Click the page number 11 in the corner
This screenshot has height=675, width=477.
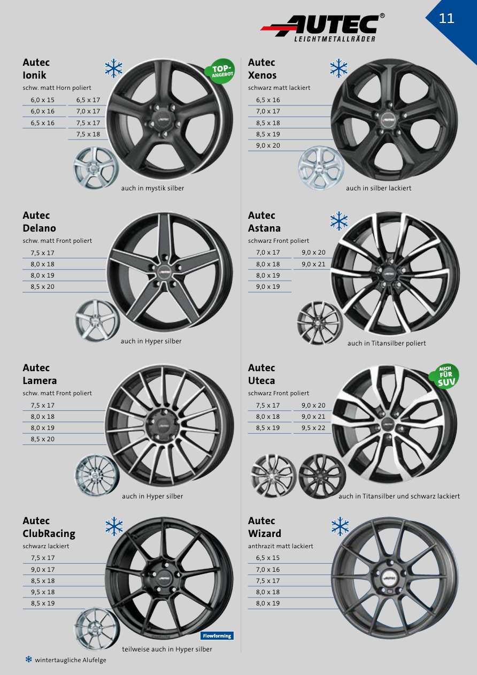click(x=447, y=18)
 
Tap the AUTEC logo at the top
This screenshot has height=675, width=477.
click(x=322, y=27)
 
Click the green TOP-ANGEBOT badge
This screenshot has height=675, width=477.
click(x=220, y=71)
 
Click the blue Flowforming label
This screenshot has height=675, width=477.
click(x=217, y=636)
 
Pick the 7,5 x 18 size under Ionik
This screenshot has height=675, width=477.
click(x=88, y=134)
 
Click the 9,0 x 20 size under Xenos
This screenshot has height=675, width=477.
click(x=268, y=145)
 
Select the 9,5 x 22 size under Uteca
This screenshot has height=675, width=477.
click(x=313, y=427)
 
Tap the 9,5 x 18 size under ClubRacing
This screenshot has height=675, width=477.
click(x=43, y=592)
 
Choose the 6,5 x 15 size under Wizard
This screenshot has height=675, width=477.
click(x=268, y=557)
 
